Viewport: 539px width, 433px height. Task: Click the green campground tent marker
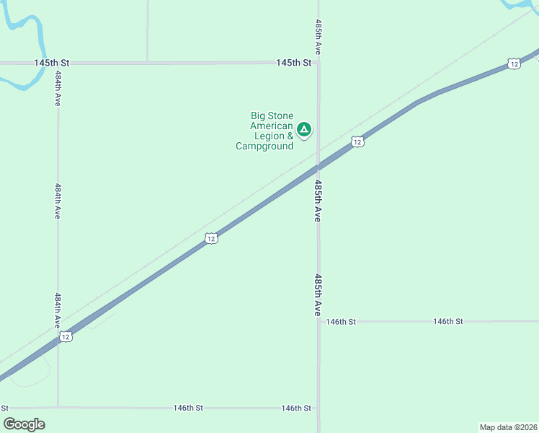coord(304,130)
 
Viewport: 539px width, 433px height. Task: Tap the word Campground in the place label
coord(264,146)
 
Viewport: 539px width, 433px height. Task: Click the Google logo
coord(24,424)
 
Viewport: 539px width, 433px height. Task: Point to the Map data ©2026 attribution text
coord(508,427)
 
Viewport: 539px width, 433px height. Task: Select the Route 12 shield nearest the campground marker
coord(357,142)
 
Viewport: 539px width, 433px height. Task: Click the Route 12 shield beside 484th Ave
coord(66,337)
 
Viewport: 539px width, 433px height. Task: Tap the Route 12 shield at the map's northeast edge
coord(513,64)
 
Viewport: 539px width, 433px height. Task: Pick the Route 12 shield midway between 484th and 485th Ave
coord(210,238)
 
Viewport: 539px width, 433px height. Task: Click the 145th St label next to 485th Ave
coord(293,63)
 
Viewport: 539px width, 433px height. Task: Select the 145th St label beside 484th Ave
coord(51,63)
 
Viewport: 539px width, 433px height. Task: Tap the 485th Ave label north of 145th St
coord(318,38)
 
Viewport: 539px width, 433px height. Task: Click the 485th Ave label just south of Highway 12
coord(317,201)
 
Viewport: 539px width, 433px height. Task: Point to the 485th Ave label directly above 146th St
coord(317,294)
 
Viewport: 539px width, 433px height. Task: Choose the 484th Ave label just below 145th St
coord(58,89)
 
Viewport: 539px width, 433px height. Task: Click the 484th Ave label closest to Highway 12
coord(58,311)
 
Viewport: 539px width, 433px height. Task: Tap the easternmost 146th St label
coord(447,321)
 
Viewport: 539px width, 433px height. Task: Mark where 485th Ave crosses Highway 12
coord(318,167)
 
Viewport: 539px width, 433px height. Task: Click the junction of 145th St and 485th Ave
coord(318,63)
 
